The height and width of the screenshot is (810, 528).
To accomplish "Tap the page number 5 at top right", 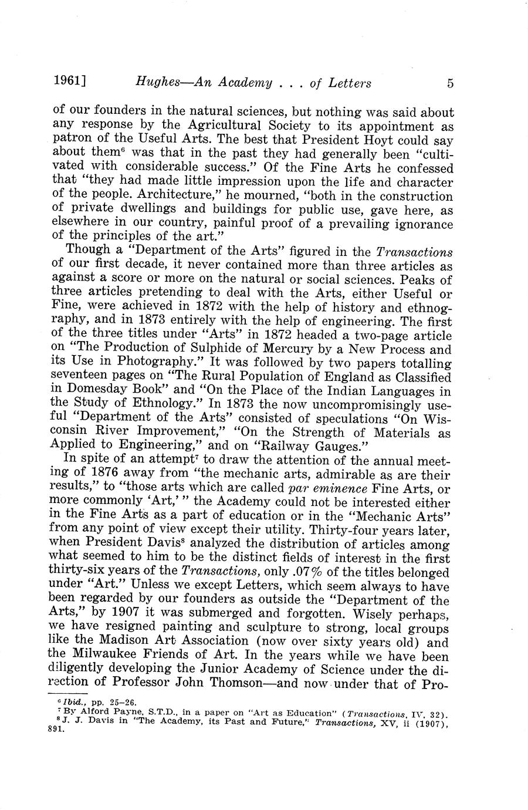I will pyautogui.click(x=449, y=83).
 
